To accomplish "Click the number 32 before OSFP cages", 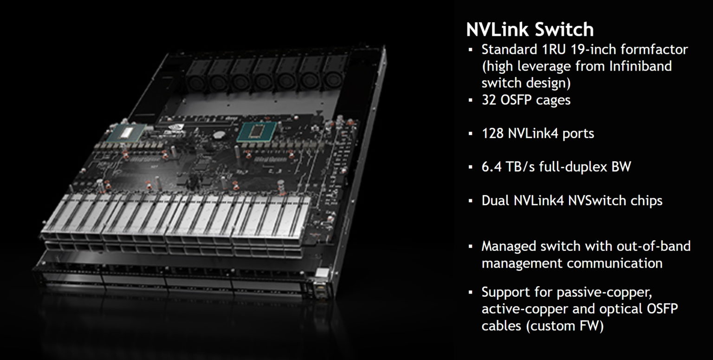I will pyautogui.click(x=491, y=99).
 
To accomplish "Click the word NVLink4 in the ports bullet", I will pyautogui.click(x=536, y=133).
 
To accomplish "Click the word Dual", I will pyautogui.click(x=496, y=201).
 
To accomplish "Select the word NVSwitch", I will pyautogui.click(x=597, y=201).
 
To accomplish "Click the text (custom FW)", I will pyautogui.click(x=564, y=326).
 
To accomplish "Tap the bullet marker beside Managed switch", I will pyautogui.click(x=471, y=246).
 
